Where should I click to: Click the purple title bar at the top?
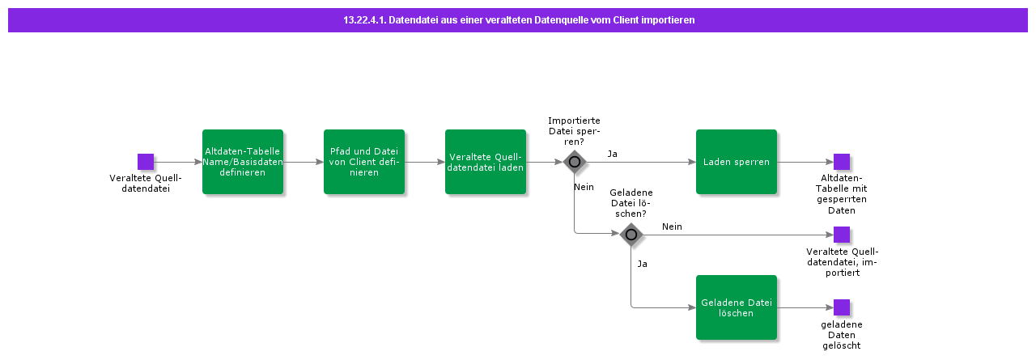(x=518, y=20)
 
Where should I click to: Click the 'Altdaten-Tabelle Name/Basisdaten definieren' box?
(x=243, y=162)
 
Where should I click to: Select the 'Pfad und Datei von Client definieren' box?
(x=364, y=162)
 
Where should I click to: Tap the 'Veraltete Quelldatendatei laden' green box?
(x=486, y=162)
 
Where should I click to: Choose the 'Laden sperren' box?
(x=737, y=162)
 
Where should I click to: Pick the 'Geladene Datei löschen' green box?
(x=737, y=307)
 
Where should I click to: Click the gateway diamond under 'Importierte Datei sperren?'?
(x=575, y=162)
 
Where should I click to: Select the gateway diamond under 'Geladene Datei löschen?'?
(x=631, y=235)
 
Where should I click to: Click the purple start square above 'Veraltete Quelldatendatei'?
(x=146, y=162)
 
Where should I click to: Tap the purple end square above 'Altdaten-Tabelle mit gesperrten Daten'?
(x=842, y=162)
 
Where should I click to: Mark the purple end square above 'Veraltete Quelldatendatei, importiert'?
(x=842, y=235)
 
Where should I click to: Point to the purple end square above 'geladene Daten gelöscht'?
(x=842, y=307)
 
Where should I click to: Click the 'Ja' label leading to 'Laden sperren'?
(x=613, y=154)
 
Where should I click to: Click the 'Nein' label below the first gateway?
(x=584, y=187)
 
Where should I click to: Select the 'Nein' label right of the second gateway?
(x=672, y=227)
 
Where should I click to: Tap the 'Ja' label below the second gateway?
(x=642, y=264)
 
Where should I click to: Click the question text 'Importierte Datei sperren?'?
(x=574, y=131)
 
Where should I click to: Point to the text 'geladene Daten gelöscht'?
(x=842, y=335)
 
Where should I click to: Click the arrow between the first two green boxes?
(x=304, y=162)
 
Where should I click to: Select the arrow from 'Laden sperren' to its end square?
(x=805, y=162)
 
